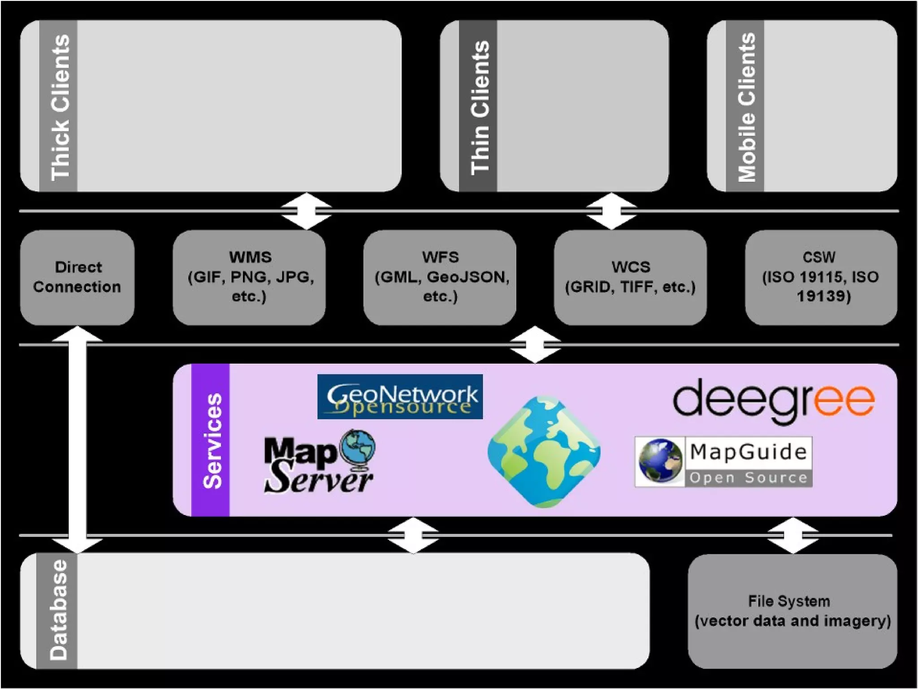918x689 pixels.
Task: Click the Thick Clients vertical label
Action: (59, 106)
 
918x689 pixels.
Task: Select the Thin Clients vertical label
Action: (478, 106)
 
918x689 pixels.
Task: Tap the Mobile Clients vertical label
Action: (745, 106)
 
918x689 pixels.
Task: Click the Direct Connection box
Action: (77, 277)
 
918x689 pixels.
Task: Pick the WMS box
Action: (249, 277)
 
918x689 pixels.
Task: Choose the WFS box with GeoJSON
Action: (440, 277)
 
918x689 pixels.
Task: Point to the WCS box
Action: (630, 277)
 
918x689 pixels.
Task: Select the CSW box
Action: (821, 277)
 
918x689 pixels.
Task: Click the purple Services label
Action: (211, 440)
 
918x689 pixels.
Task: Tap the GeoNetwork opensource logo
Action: (400, 397)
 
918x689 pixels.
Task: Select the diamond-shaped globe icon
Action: (544, 452)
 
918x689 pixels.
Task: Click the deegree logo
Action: (773, 400)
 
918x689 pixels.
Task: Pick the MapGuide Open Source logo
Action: (723, 462)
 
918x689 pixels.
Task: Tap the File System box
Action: (792, 611)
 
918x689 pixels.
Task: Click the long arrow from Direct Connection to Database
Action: (78, 440)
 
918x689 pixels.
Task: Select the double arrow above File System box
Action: (793, 535)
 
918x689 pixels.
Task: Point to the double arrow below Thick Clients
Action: (306, 211)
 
